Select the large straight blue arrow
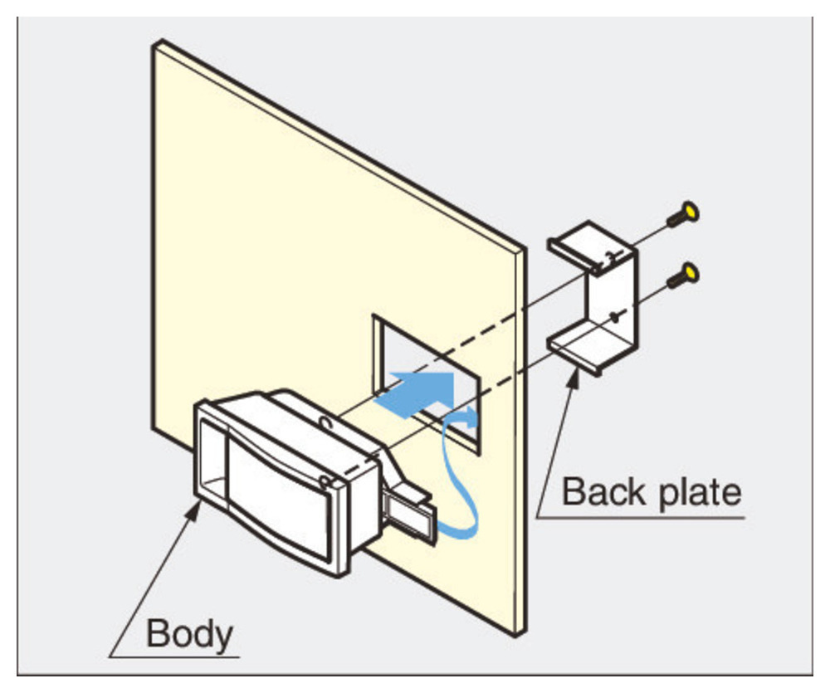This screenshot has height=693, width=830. (419, 390)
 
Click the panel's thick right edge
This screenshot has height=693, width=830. (520, 440)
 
